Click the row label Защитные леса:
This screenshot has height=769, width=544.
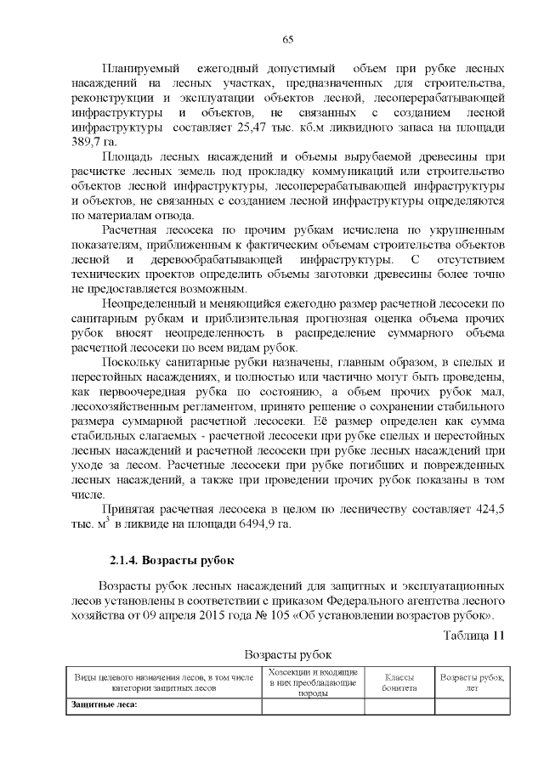tap(104, 705)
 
